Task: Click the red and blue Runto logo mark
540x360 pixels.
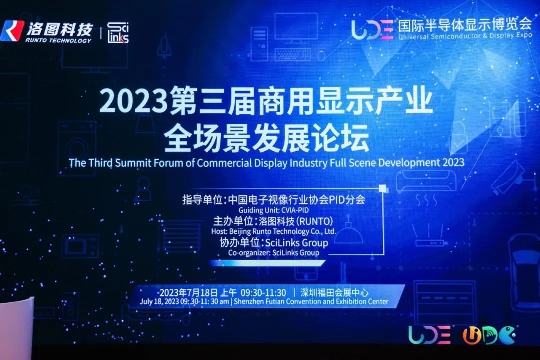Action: click(12, 31)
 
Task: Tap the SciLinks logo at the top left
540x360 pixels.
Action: click(118, 33)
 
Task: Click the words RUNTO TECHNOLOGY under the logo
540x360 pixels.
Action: click(58, 40)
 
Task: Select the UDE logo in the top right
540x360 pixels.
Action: click(372, 29)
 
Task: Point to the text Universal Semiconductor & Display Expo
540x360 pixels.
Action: click(465, 36)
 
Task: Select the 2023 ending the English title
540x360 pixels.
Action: click(453, 162)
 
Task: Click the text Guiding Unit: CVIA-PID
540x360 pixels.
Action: click(274, 210)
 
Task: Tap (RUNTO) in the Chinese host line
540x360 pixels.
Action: click(315, 221)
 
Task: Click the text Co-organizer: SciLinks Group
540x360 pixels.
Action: click(274, 253)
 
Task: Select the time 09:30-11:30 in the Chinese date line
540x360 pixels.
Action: click(263, 293)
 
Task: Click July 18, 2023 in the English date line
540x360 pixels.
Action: click(159, 302)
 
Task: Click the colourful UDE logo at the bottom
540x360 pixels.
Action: click(429, 334)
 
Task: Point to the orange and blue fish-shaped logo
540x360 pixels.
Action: click(489, 335)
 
